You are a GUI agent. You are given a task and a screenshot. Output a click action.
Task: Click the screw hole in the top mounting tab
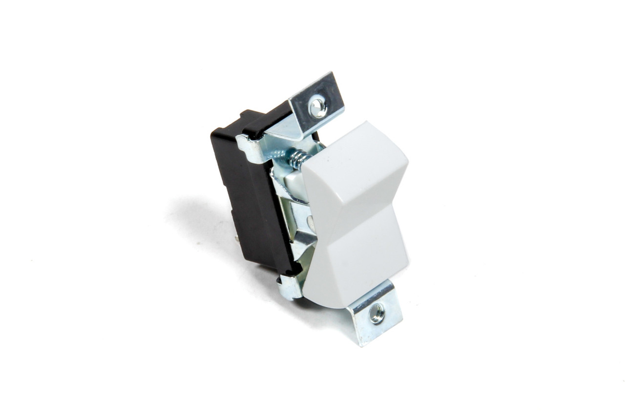click(x=318, y=106)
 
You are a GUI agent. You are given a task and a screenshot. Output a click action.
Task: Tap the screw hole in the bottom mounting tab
click(x=376, y=313)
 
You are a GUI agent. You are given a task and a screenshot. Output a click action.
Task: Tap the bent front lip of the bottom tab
click(x=371, y=337)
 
